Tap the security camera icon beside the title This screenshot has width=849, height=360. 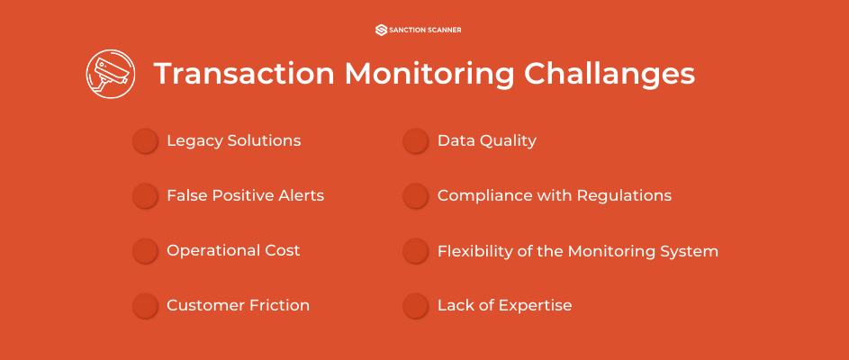(109, 74)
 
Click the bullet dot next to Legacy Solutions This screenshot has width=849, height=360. (145, 141)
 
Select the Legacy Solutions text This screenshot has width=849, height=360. (233, 141)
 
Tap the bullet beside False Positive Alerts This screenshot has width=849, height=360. (145, 196)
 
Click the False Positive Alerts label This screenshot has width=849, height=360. (245, 195)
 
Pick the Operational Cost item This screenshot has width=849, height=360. (233, 250)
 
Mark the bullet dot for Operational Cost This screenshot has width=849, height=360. (145, 251)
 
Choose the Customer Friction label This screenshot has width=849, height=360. (238, 305)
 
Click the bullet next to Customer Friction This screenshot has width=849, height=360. (145, 306)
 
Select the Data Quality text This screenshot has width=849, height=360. (486, 141)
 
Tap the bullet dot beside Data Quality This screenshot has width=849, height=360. (415, 141)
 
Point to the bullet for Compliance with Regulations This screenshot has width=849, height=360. (415, 196)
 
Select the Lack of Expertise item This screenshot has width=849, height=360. (504, 305)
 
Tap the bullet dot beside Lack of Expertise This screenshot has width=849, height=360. (415, 306)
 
